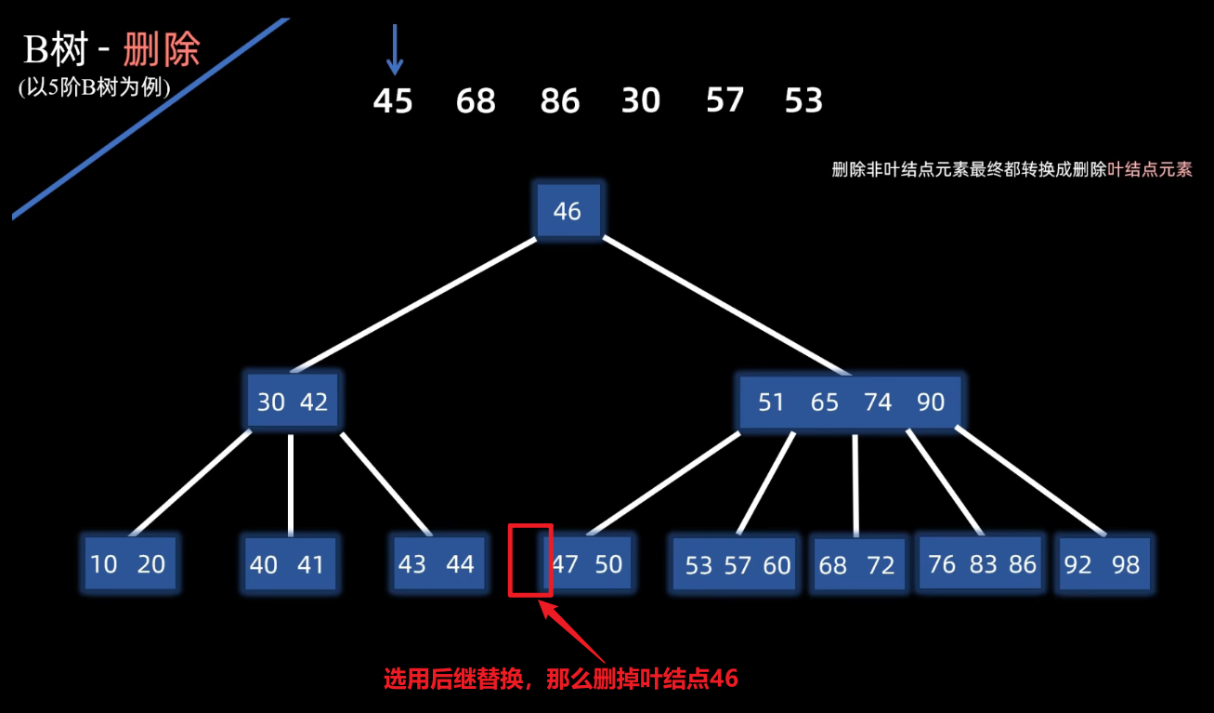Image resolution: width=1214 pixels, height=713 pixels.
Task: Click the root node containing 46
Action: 568,210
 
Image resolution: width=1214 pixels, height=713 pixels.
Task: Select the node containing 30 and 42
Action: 293,402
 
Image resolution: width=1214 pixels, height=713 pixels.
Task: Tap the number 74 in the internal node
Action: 878,402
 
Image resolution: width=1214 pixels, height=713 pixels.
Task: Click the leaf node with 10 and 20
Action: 128,563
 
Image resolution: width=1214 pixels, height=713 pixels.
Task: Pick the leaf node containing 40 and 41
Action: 287,564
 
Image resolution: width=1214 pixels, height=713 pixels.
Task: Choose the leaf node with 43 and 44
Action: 436,563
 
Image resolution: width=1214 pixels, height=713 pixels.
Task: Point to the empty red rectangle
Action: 530,560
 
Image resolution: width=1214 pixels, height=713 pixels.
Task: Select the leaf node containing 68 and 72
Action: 857,564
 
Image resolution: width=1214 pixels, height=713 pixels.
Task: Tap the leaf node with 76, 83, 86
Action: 983,563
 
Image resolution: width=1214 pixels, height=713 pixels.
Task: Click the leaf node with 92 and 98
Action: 1103,564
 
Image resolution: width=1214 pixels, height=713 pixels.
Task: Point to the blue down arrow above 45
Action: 395,50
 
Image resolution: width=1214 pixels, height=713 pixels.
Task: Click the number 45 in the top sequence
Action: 393,100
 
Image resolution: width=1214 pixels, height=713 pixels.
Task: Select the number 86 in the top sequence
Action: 560,100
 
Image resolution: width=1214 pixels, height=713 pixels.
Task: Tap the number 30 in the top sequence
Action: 641,100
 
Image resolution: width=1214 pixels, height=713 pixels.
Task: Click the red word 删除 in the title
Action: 162,50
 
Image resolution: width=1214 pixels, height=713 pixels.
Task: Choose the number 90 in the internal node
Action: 931,402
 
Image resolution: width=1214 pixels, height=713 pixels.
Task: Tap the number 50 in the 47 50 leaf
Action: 608,563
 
